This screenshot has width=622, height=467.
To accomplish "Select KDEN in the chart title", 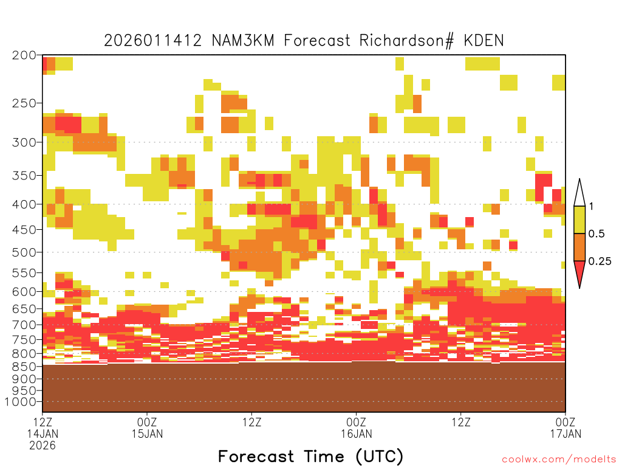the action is [x=484, y=41].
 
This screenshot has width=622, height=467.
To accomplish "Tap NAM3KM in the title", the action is [x=243, y=41].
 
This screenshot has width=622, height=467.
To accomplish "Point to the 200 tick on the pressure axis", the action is [x=24, y=55].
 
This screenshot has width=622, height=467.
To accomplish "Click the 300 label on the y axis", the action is [x=24, y=142].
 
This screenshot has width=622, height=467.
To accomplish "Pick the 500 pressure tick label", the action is [x=24, y=252].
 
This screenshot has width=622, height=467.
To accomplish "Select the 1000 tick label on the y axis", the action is [x=21, y=402].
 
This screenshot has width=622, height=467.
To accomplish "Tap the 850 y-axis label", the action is [x=24, y=367].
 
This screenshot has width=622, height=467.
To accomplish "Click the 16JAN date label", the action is [x=356, y=434].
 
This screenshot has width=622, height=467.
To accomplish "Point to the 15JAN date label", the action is [x=147, y=434].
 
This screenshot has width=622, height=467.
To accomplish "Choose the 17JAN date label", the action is [x=566, y=434].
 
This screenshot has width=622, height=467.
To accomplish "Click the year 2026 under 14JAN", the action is [x=43, y=446].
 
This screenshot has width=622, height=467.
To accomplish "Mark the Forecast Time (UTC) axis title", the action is [x=310, y=457].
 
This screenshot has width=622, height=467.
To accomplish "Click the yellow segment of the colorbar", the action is [x=579, y=220].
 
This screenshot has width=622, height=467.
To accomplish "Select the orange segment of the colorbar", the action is [x=579, y=247].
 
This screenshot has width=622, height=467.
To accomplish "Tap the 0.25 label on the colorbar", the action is [x=600, y=261].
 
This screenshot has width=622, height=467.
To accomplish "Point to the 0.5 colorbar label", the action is [x=596, y=233].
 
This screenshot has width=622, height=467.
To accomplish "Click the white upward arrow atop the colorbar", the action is [x=579, y=193].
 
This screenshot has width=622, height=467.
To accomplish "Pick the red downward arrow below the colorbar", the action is [x=579, y=274].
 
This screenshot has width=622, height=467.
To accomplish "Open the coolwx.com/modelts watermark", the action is [x=559, y=460].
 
